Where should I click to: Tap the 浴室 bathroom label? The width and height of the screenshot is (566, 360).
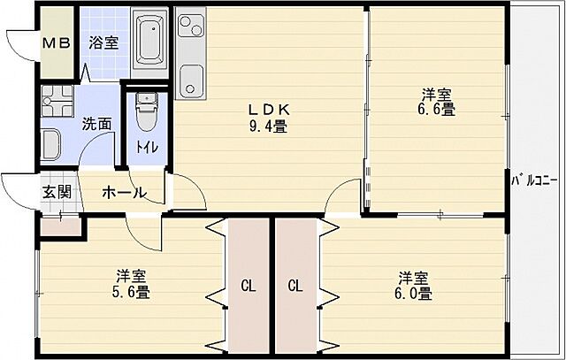point(103,42)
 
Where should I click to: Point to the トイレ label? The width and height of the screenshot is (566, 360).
point(147,147)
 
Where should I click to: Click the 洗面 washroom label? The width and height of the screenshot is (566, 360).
point(96,124)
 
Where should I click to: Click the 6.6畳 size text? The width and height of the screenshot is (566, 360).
point(437,109)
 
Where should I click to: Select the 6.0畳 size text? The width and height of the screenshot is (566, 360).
point(413,293)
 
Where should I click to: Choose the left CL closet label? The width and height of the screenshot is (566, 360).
point(249,286)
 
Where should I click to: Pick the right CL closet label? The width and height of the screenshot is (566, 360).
point(295,286)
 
